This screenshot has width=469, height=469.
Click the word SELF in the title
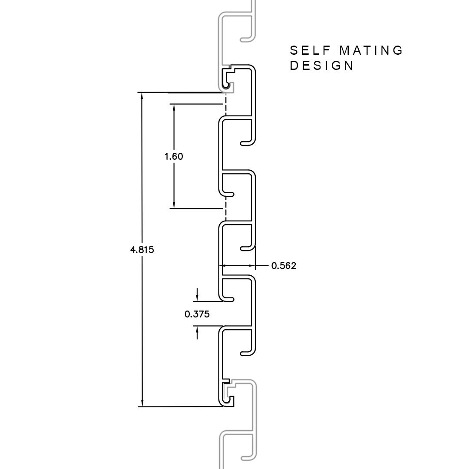[x=310, y=50]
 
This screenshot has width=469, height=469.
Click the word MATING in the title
[x=371, y=50]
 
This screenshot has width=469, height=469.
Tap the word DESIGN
[x=322, y=66]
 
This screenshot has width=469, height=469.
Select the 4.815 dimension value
[x=142, y=249]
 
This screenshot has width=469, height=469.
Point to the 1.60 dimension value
[x=174, y=156]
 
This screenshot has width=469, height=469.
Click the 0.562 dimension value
[x=284, y=266]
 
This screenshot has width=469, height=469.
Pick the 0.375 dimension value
[x=197, y=314]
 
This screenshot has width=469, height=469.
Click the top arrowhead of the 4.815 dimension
[x=142, y=96]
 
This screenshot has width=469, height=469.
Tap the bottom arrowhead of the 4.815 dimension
[x=142, y=403]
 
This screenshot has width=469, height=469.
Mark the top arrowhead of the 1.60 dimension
[x=174, y=107]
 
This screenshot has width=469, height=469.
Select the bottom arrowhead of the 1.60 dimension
[x=174, y=205]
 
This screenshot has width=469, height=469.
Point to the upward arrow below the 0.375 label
[x=197, y=333]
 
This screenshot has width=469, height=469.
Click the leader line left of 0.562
[x=261, y=265]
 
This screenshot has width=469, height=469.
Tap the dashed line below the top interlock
[x=225, y=103]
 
